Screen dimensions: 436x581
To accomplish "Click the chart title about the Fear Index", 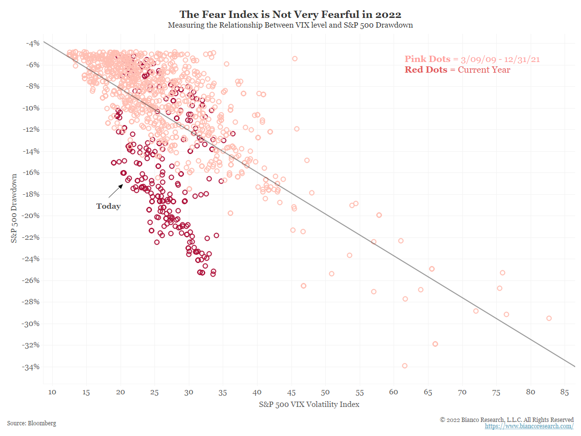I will pos(290,14).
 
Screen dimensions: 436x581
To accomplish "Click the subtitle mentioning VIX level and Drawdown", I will pos(290,25).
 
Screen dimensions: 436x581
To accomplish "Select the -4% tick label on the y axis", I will pos(33,43).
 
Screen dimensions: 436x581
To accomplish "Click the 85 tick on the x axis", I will pos(565,391).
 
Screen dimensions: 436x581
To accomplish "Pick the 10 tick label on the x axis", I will pos(52,391).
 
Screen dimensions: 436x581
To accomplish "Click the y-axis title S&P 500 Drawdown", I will pos(15,208).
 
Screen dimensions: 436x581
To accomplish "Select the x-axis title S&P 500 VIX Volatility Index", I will pos(309,404).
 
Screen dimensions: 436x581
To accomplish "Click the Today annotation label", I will pos(108,206).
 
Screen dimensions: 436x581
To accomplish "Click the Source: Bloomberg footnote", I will pos(31,423).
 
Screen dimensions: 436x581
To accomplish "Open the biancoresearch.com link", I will pos(529,426).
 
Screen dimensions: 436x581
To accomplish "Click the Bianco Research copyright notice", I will pos(506,420).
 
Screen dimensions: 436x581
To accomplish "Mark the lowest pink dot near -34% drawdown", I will pos(405,366).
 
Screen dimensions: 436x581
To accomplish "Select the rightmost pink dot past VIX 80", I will pos(549,318).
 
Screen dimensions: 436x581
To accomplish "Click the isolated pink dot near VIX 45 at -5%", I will pos(294,59).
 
